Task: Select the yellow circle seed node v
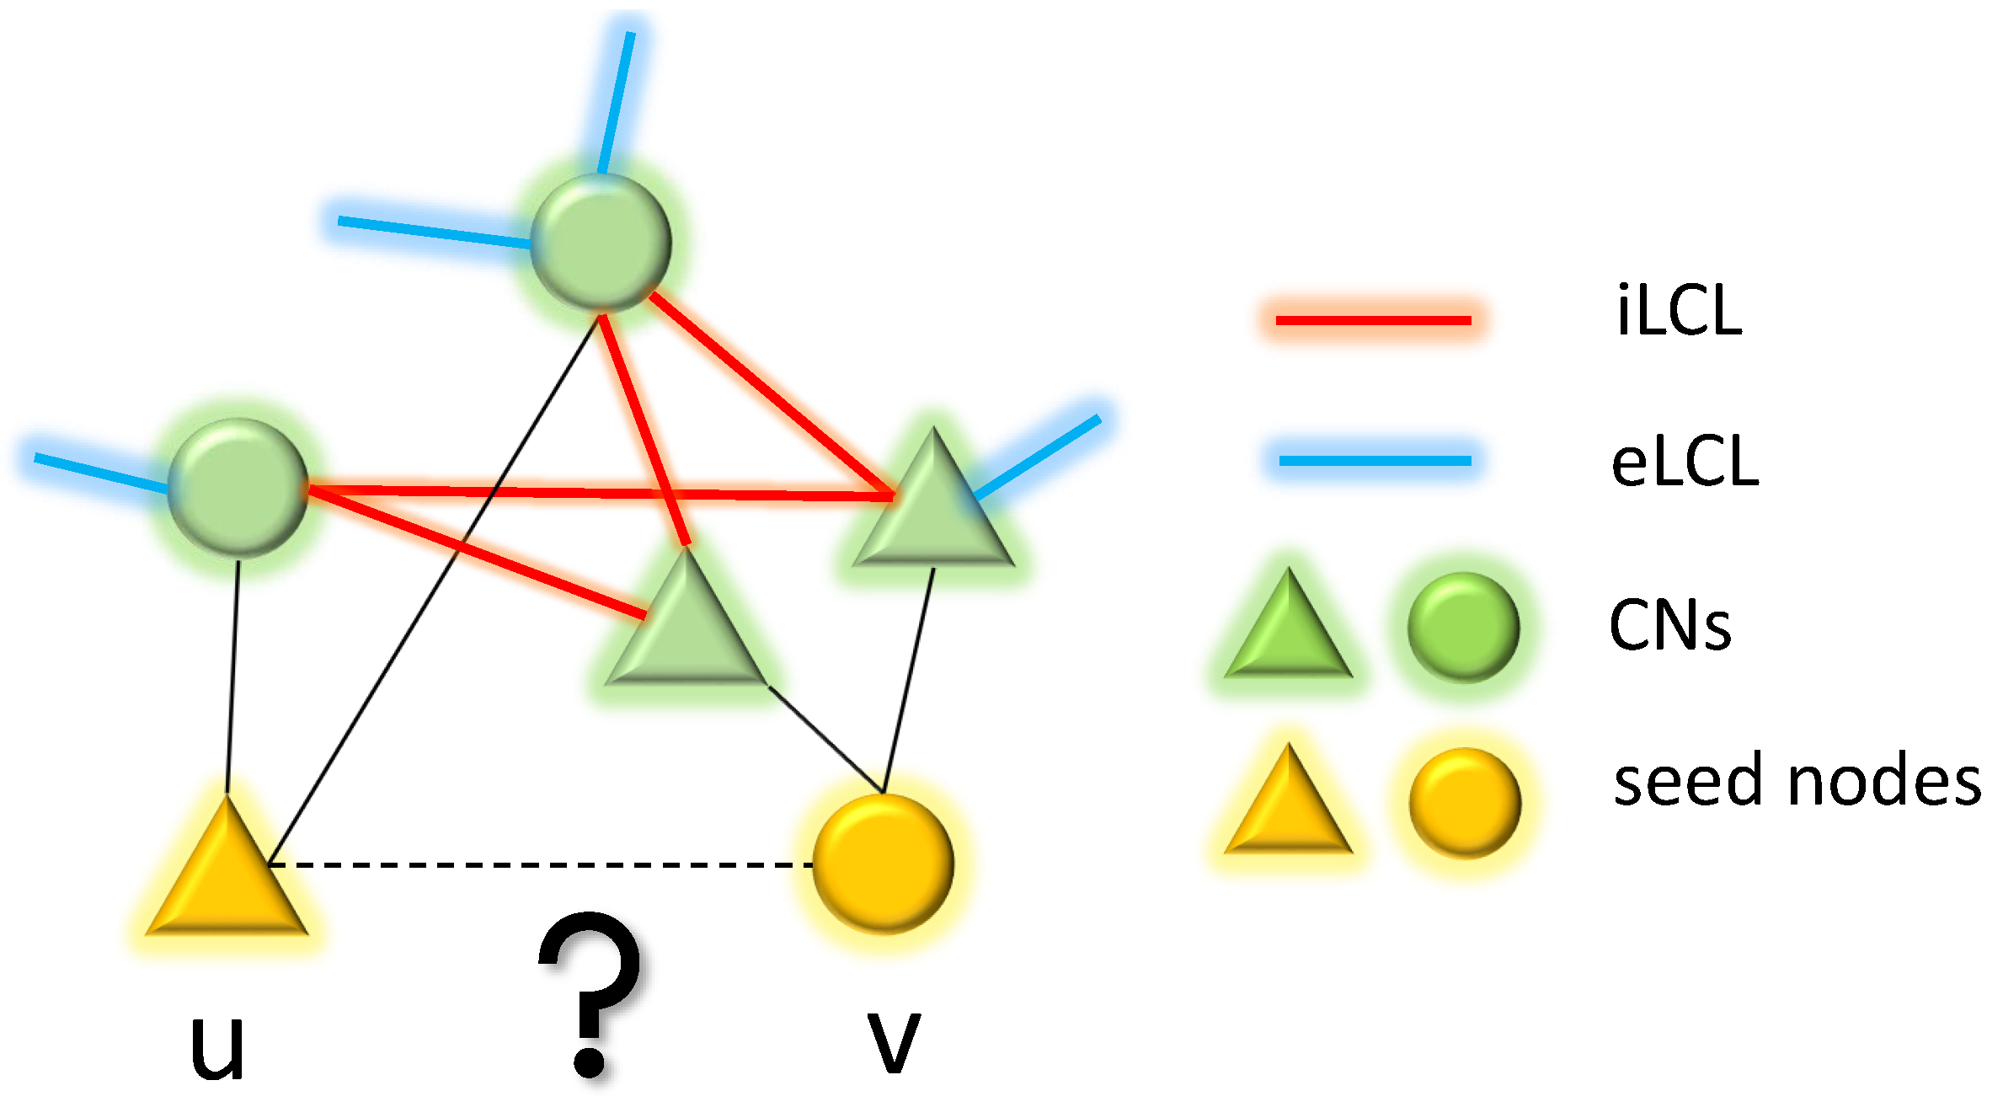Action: [884, 864]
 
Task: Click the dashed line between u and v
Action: [539, 864]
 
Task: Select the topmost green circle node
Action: [601, 242]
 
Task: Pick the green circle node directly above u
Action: [238, 487]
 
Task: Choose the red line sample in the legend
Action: [1373, 320]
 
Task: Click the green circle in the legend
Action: [1464, 627]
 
